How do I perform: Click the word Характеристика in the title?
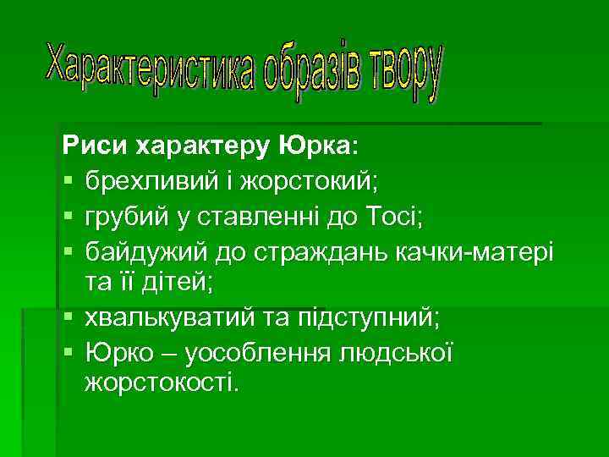point(149,69)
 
